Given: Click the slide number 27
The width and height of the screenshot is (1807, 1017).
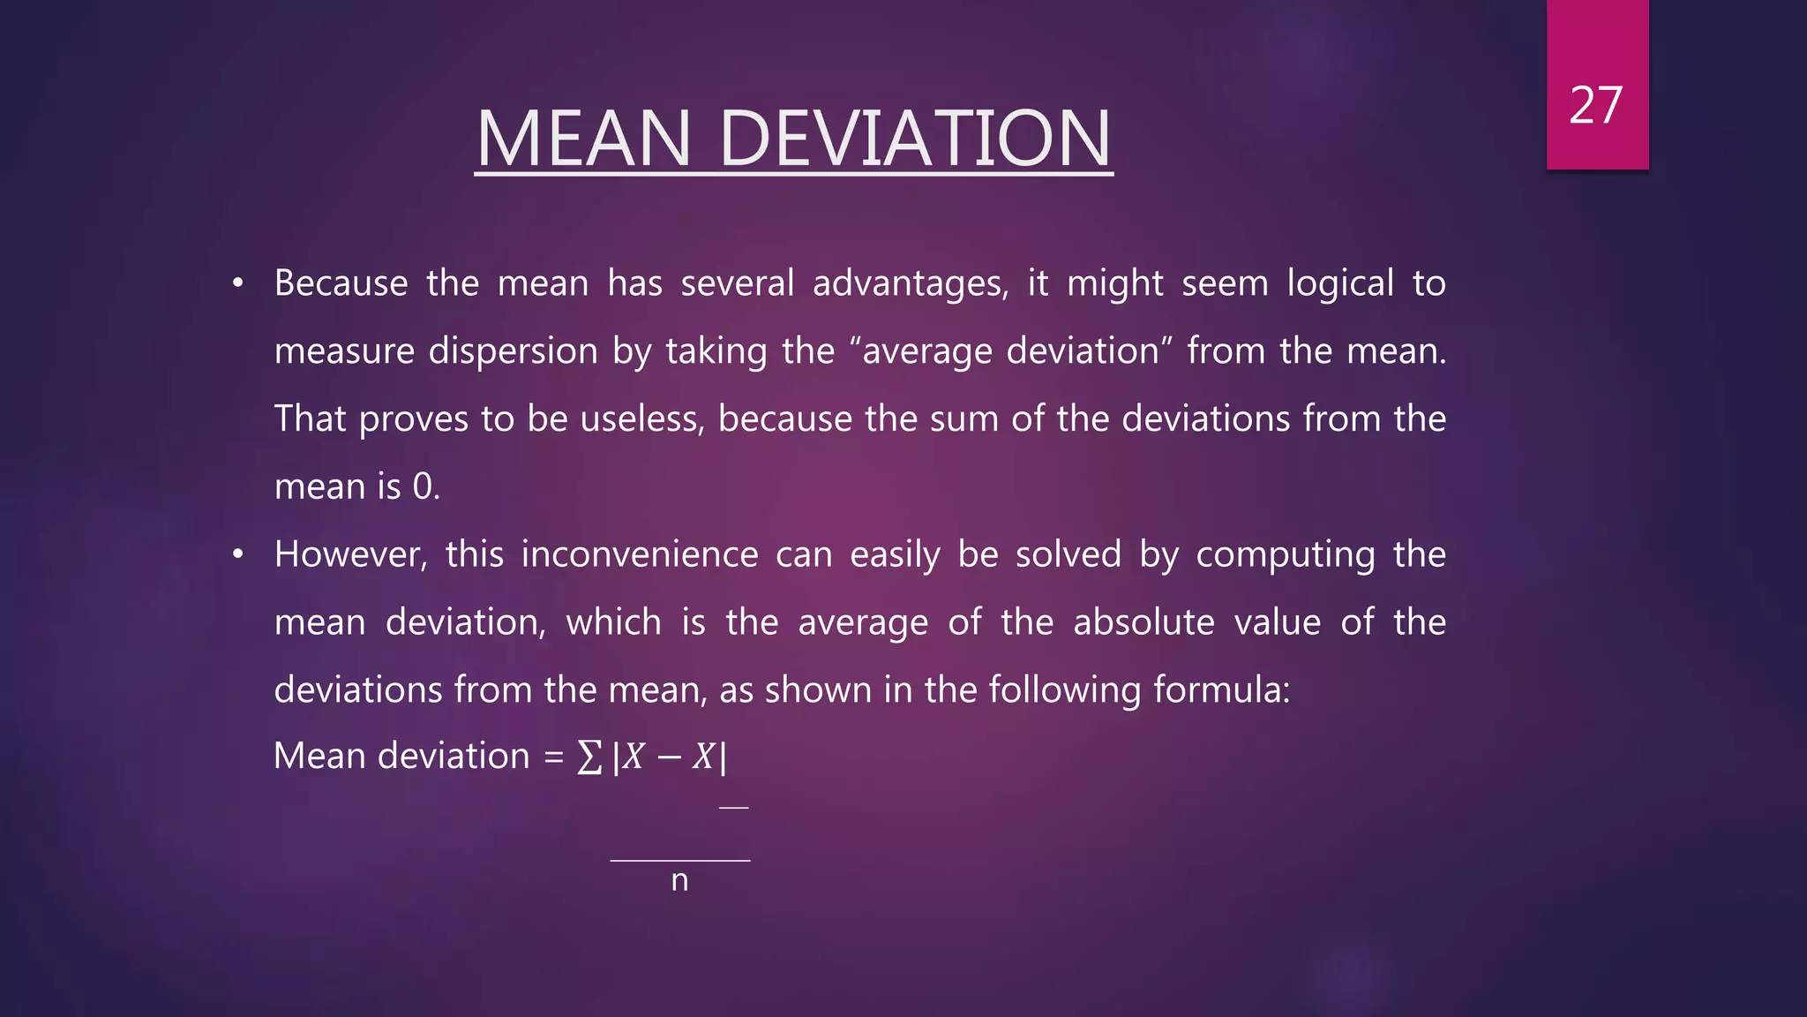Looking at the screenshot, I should tap(1596, 106).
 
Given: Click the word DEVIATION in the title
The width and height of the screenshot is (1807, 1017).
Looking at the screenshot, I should tap(915, 139).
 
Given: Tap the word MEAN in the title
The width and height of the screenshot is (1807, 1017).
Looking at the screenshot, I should tap(583, 139).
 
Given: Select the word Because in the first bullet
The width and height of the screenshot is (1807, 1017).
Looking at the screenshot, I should tap(341, 283).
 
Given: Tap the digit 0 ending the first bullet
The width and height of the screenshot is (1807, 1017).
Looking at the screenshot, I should tap(423, 486).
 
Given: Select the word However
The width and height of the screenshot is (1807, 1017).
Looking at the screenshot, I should tap(349, 555).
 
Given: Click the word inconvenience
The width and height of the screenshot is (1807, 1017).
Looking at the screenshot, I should tap(639, 554).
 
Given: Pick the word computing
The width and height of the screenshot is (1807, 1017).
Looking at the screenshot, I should tap(1285, 555).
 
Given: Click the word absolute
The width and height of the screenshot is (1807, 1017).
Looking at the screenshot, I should tap(1143, 622).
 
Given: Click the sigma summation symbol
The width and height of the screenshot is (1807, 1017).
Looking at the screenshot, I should tap(589, 757).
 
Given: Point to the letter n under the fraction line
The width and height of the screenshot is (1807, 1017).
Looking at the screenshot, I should tap(679, 880).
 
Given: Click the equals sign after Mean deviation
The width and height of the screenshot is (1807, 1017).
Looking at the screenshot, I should tap(553, 757).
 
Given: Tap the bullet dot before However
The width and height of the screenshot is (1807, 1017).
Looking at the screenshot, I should tap(237, 554).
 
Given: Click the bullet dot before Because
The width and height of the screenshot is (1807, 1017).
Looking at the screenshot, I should tap(237, 283).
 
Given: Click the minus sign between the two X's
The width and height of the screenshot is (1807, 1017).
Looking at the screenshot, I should tap(668, 757).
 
